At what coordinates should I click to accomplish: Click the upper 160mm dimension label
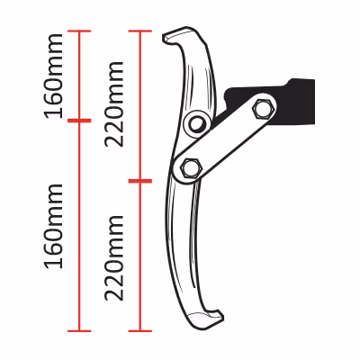pyautogui.click(x=54, y=76)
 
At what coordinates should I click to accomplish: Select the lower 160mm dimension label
pyautogui.click(x=54, y=226)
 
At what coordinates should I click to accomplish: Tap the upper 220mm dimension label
pyautogui.click(x=114, y=104)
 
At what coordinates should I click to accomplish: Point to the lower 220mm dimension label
pyautogui.click(x=114, y=258)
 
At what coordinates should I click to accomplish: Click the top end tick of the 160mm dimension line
pyautogui.click(x=79, y=31)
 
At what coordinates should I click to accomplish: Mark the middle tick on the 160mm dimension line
pyautogui.click(x=79, y=121)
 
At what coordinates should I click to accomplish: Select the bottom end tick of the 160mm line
pyautogui.click(x=79, y=331)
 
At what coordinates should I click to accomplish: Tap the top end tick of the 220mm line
pyautogui.click(x=140, y=31)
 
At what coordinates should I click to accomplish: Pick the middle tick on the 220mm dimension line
pyautogui.click(x=140, y=181)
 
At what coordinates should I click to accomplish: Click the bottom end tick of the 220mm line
pyautogui.click(x=140, y=331)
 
